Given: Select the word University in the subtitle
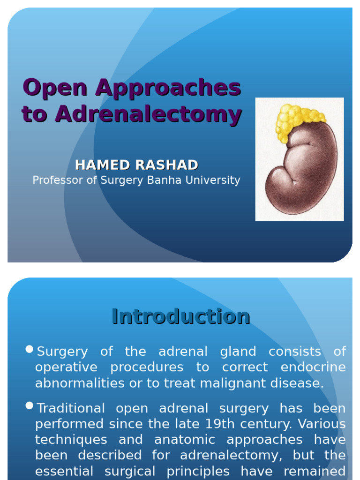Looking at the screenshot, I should click(x=217, y=180).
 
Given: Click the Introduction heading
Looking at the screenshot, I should click(x=180, y=316).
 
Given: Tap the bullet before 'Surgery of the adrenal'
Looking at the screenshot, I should click(x=30, y=349).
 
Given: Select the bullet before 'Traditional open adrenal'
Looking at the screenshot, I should click(x=30, y=406).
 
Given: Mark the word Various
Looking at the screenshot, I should click(x=323, y=424).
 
